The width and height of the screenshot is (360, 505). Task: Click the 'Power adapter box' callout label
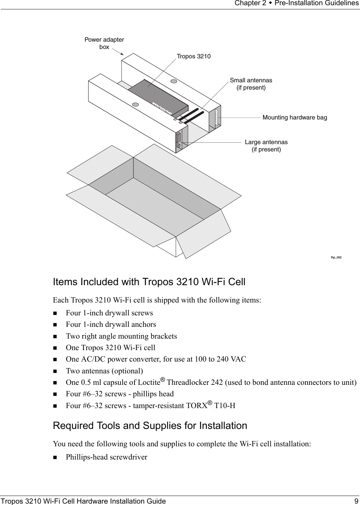point(104,43)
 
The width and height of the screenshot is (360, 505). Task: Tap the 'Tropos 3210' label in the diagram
point(194,56)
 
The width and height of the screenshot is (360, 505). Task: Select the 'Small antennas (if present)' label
point(251,84)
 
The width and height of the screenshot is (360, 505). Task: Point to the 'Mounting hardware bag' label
point(295,117)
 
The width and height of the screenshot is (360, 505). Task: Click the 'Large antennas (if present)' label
point(266,146)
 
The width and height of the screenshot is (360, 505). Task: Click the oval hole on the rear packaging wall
point(174,81)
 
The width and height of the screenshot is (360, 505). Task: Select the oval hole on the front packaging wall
point(136,104)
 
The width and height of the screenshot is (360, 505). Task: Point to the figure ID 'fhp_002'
point(336,257)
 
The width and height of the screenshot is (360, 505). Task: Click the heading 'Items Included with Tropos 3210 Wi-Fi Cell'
point(149,282)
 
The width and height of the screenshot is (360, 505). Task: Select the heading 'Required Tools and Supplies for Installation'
point(150,425)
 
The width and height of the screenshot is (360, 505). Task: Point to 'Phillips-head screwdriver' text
point(106,457)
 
